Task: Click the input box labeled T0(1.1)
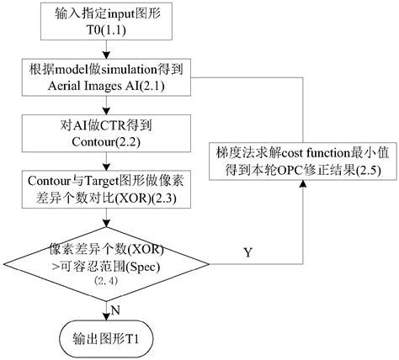104,25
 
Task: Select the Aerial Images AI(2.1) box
105,80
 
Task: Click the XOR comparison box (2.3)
105,189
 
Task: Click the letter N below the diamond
115,310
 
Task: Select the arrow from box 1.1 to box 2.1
105,50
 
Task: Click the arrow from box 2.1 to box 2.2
105,106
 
